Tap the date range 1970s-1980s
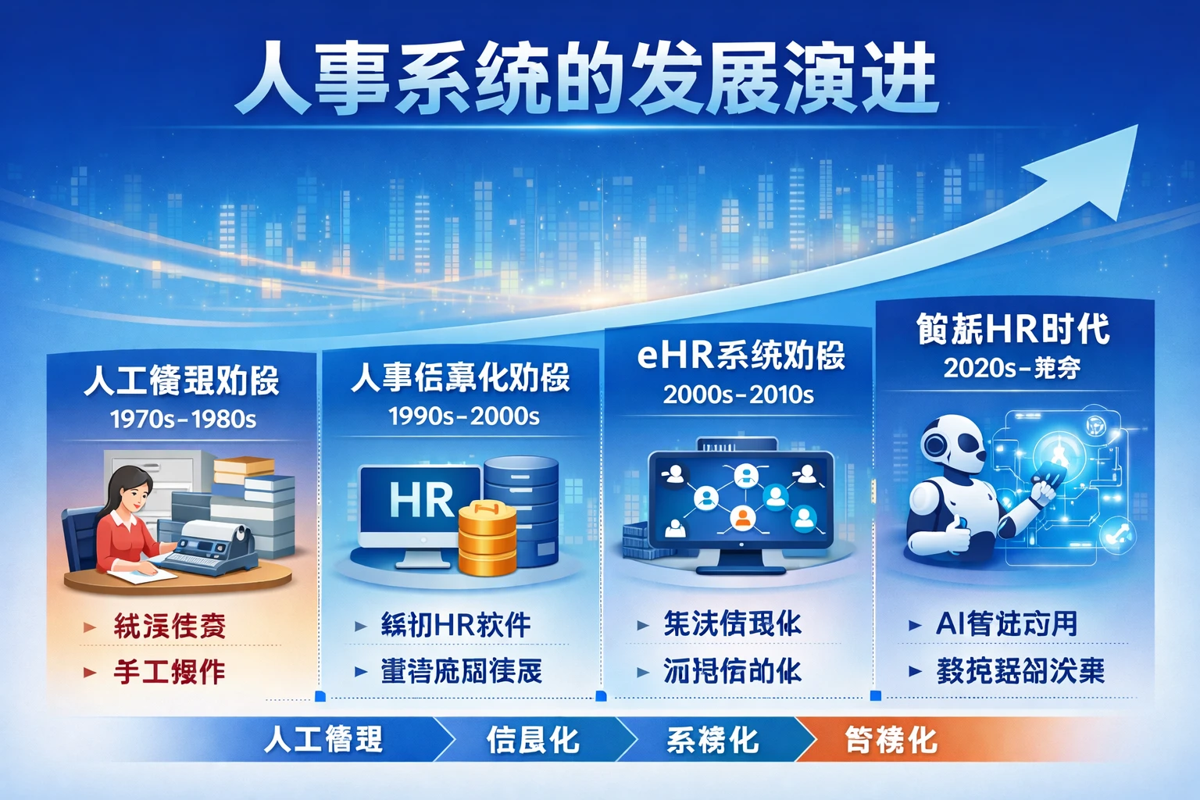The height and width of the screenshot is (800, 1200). coord(183,420)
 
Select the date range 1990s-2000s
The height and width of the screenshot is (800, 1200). coord(463,416)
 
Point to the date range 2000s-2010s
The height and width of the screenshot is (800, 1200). coord(738,395)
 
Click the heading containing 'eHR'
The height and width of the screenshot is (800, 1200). coord(741,356)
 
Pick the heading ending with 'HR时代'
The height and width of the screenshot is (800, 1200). coord(1012,329)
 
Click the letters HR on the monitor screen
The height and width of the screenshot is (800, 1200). coord(421,500)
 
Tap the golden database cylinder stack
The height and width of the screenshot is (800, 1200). coord(487,539)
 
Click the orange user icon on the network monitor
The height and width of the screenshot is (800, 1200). coord(742,517)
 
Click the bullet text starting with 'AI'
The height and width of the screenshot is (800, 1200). coord(1006,623)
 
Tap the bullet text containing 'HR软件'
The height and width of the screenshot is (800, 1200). coord(455,625)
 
